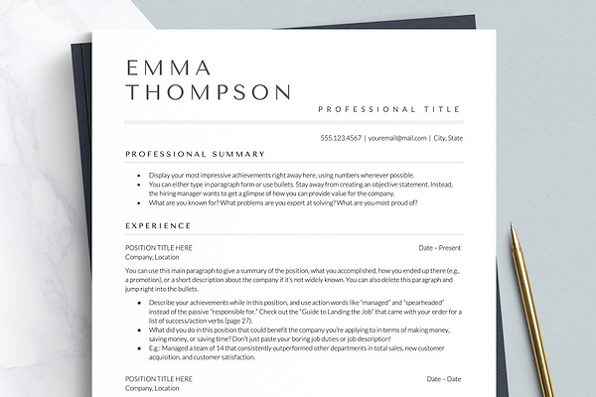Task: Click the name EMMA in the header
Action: tap(169, 67)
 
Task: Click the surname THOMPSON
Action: tap(209, 92)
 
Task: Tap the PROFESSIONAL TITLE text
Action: tap(389, 109)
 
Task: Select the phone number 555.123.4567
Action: tap(341, 138)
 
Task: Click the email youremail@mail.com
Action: tap(397, 138)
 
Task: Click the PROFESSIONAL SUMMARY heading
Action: tap(195, 154)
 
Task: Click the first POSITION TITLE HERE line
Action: tap(159, 247)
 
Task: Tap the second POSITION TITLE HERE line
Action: tap(159, 378)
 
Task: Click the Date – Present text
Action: tap(440, 247)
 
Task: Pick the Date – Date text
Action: tap(444, 378)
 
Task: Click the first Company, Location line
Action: tap(152, 257)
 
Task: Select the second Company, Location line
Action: tap(152, 388)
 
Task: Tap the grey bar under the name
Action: tap(294, 122)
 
